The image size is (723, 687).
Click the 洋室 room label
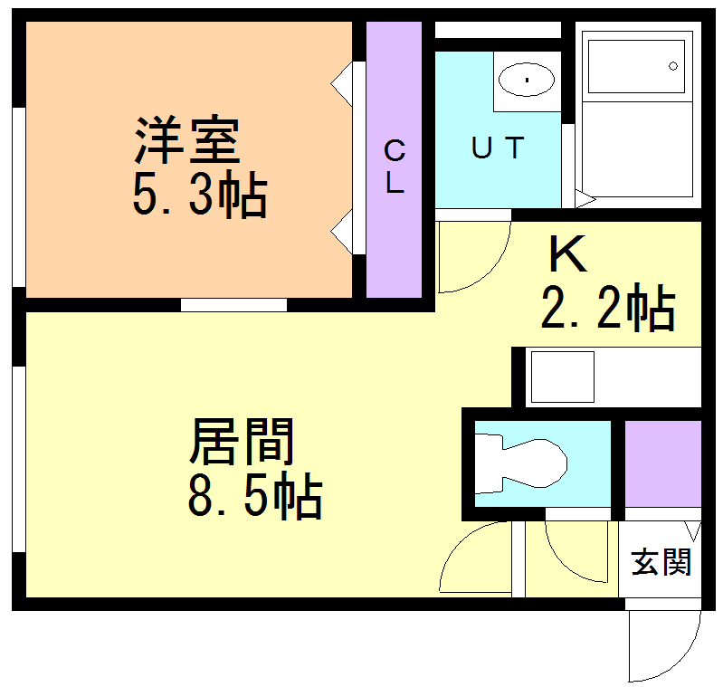(x=187, y=140)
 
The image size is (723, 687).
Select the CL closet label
(x=395, y=167)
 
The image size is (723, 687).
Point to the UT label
(x=498, y=148)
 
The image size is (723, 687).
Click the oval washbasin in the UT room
(x=527, y=80)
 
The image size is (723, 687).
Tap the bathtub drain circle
(x=673, y=66)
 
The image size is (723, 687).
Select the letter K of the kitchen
(x=568, y=253)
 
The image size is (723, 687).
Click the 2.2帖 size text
(x=608, y=307)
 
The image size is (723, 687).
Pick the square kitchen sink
(x=563, y=377)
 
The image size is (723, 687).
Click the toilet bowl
(x=521, y=463)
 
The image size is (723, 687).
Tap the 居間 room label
(x=242, y=441)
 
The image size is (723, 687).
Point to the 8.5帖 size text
(x=255, y=496)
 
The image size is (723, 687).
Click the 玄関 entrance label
(x=661, y=562)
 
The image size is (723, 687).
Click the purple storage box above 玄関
(x=663, y=463)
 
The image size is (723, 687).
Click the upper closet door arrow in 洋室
(x=342, y=84)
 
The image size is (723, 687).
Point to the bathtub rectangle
(x=636, y=66)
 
